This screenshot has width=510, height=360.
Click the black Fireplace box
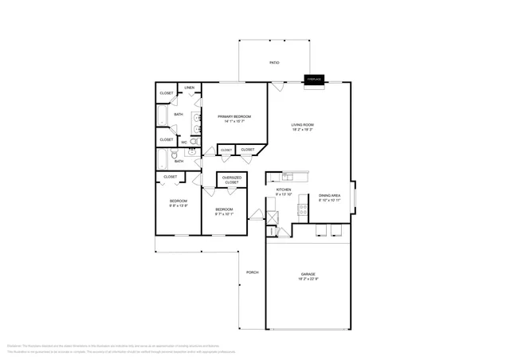coord(314,80)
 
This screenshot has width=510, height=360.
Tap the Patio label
coord(274,62)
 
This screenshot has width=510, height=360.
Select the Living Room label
coord(302,125)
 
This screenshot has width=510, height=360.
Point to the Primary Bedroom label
coord(234,116)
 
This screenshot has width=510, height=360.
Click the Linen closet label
coord(190,88)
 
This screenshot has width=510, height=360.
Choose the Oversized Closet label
coord(232,180)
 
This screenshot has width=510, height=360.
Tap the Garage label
coord(308,273)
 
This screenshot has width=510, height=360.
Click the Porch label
coord(252,272)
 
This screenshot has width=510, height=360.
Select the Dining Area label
coord(330,195)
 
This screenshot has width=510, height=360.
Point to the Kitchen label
coord(284,190)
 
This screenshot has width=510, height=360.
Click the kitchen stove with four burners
coord(303,209)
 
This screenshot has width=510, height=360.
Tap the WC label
coord(184,143)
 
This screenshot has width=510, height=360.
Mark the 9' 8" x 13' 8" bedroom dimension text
coord(178,205)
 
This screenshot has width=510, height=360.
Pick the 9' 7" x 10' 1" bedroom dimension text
coord(224,213)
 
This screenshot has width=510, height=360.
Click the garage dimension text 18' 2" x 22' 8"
coord(308,279)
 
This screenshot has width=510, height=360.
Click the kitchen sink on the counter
coord(288,176)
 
